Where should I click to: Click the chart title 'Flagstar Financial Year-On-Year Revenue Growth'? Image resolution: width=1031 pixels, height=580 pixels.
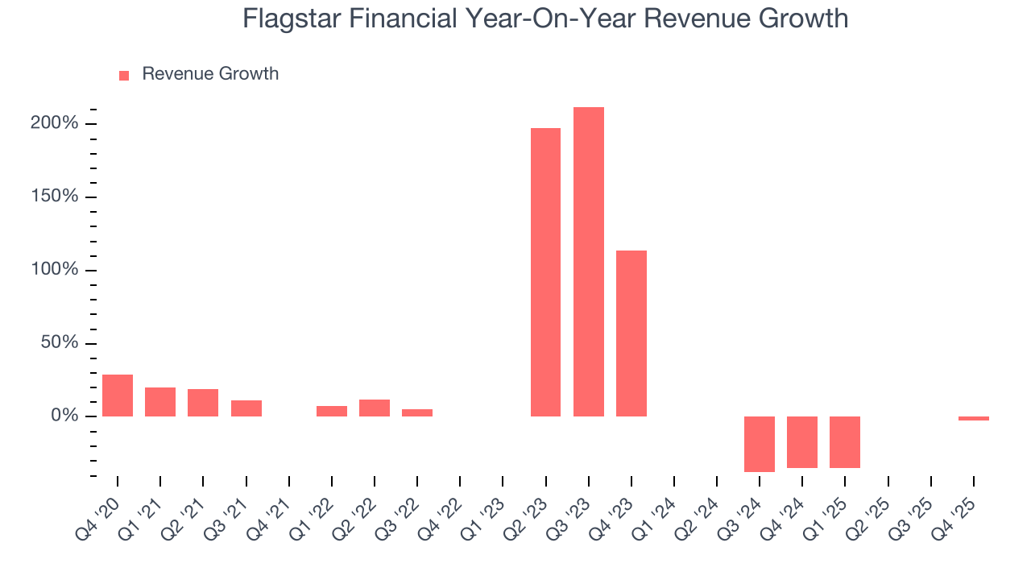545,19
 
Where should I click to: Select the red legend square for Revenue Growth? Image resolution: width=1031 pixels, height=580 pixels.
124,75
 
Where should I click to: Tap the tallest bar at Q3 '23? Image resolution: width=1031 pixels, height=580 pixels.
588,262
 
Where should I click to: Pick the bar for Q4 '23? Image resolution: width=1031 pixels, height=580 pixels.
631,333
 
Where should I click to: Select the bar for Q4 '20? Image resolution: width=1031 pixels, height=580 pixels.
118,396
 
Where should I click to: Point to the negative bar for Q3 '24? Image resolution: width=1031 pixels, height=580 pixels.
759,444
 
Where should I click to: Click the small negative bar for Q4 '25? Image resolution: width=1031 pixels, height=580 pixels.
973,419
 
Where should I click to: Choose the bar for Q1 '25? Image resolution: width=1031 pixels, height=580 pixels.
845,442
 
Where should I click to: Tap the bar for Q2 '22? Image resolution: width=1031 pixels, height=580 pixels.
375,408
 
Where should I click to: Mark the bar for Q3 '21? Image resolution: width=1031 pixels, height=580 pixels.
246,408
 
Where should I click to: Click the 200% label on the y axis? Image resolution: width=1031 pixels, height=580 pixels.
56,123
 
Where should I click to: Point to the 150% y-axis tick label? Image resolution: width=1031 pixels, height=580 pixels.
56,197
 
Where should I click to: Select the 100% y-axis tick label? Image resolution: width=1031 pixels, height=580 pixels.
56,270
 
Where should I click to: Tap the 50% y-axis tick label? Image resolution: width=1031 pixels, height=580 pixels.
60,343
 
